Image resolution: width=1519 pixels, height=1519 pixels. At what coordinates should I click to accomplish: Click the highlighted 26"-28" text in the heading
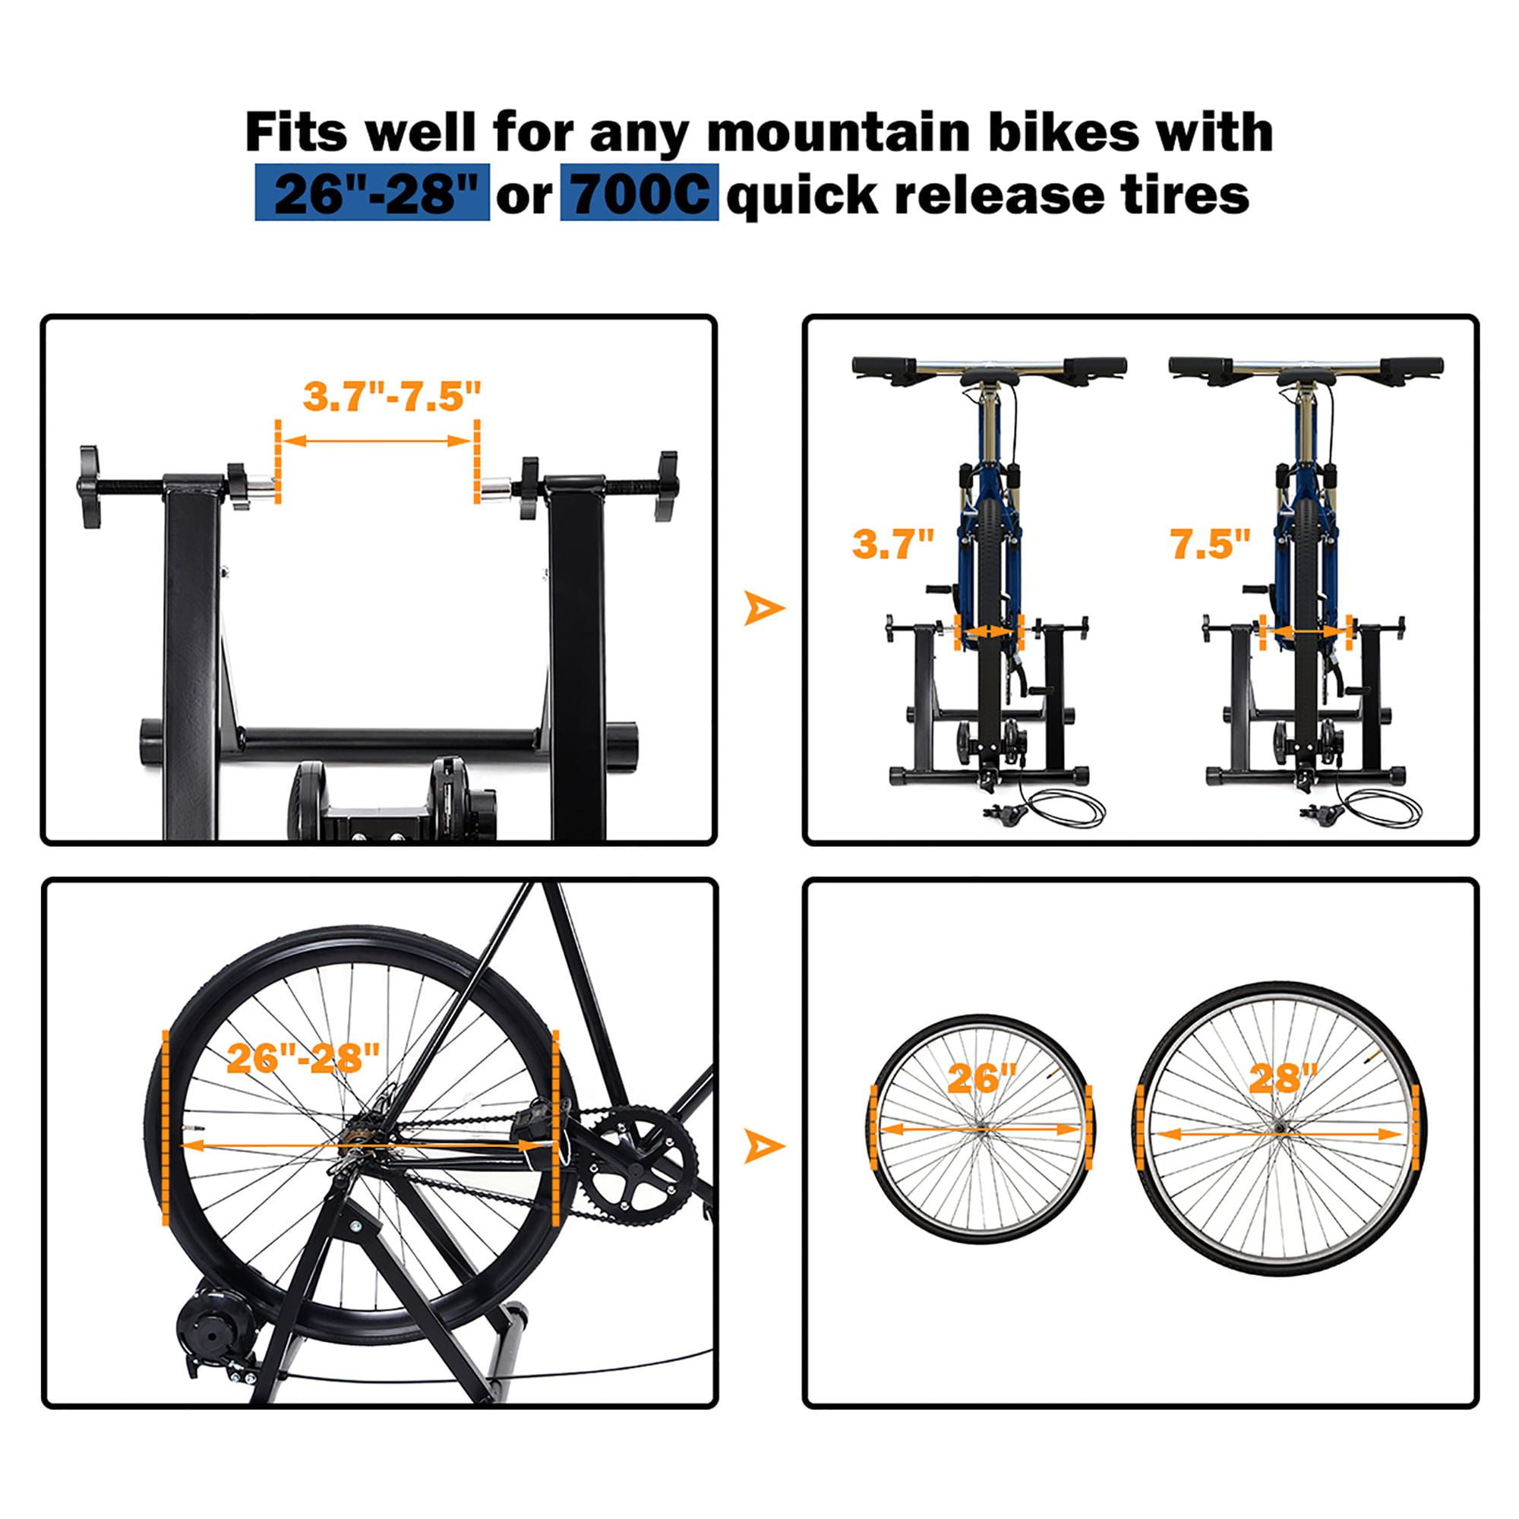pyautogui.click(x=372, y=193)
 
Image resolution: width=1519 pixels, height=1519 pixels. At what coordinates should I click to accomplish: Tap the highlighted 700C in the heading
pyautogui.click(x=639, y=193)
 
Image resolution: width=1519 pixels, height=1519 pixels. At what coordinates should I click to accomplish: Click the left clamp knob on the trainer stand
pyautogui.click(x=91, y=487)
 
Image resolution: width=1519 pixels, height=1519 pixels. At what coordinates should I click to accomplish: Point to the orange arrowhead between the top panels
pyautogui.click(x=762, y=608)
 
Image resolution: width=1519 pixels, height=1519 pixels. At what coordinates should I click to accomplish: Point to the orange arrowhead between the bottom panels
pyautogui.click(x=762, y=1145)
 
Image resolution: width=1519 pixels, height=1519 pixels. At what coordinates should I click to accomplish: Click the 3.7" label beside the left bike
pyautogui.click(x=893, y=543)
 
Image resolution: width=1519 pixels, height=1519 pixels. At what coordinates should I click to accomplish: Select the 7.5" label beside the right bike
pyautogui.click(x=1210, y=543)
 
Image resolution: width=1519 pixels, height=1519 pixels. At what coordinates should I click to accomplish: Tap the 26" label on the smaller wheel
pyautogui.click(x=982, y=1078)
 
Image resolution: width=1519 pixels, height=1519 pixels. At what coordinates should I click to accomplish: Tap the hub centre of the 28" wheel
pyautogui.click(x=1281, y=1129)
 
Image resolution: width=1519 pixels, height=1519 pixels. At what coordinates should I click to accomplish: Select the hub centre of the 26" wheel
pyautogui.click(x=983, y=1130)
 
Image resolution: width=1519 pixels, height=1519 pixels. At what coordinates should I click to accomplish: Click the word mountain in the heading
pyautogui.click(x=839, y=132)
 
